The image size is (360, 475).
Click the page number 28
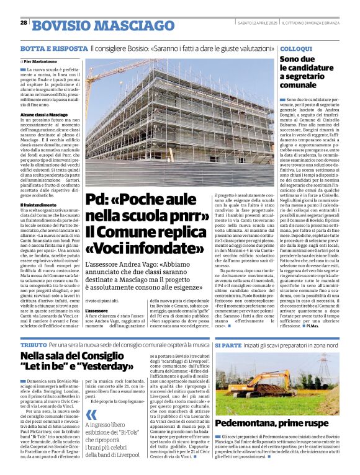(24, 23)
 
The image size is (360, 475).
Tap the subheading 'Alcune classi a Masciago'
(43, 115)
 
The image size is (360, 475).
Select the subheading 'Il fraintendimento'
(38, 205)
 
